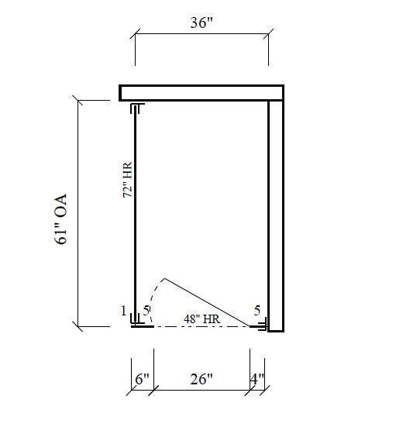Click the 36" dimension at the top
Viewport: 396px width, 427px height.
(201, 22)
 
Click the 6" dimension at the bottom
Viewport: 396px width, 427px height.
(142, 380)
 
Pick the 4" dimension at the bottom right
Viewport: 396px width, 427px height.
(257, 380)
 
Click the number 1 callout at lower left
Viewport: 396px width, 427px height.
(123, 312)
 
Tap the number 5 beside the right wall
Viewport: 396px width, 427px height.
(257, 311)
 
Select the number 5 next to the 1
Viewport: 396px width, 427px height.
(146, 312)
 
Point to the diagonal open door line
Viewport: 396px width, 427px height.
(209, 301)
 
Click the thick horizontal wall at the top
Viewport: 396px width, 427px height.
(201, 92)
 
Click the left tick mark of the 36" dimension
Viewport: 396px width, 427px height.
(135, 36)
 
